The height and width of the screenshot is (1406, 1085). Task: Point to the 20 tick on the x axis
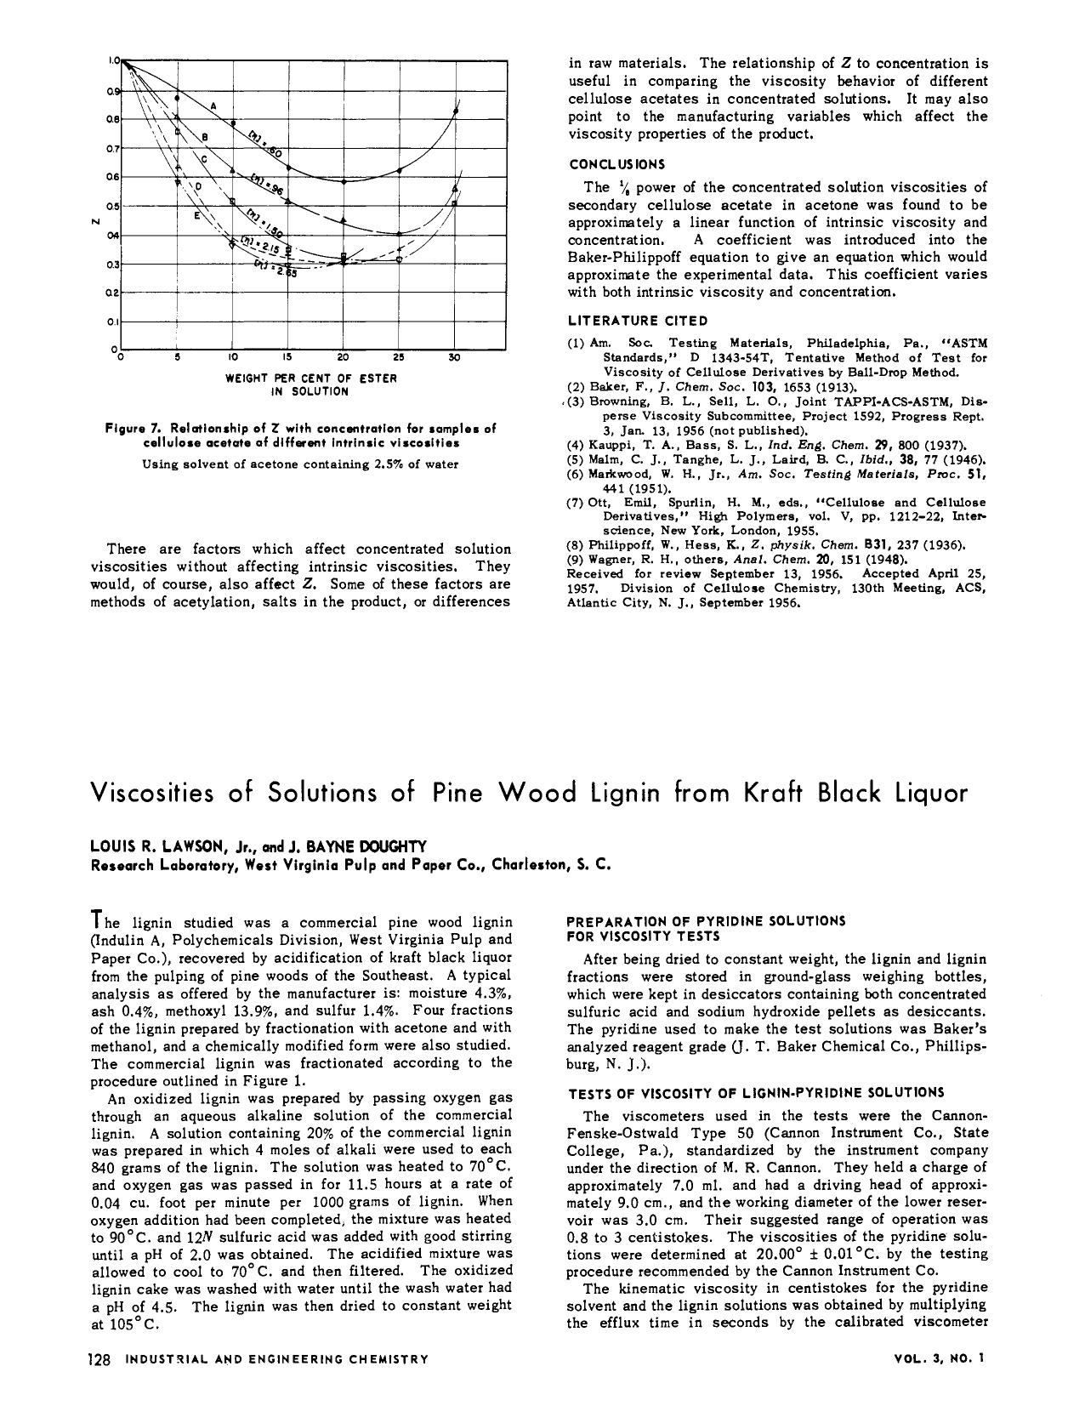pos(344,358)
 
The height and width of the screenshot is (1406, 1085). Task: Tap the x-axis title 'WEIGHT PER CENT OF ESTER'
pos(310,378)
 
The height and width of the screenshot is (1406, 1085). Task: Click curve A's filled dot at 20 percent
pos(344,181)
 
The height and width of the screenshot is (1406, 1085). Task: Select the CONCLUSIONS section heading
pos(616,164)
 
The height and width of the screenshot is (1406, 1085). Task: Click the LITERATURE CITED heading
pos(637,321)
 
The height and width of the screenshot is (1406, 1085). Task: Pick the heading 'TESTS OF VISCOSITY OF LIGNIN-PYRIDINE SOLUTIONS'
pos(754,1092)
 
